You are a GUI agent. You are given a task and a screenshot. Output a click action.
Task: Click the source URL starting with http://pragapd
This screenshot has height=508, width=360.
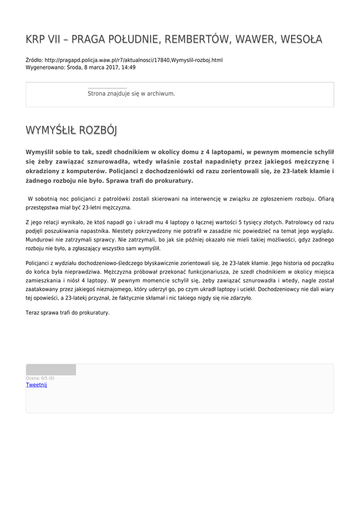pos(134,60)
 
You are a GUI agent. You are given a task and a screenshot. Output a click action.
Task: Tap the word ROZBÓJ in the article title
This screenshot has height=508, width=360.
pos(97,131)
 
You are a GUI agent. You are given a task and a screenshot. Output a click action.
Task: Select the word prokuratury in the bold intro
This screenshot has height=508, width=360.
pos(167,181)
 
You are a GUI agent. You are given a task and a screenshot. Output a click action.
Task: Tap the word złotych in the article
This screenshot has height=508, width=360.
pos(268,222)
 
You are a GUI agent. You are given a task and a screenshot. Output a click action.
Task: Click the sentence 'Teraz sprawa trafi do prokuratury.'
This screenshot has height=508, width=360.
pos(68,313)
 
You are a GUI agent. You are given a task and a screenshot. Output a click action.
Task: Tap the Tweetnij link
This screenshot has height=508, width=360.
pos(36,385)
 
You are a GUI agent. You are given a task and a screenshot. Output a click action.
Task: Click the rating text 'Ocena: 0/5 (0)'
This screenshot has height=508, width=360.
pos(40,379)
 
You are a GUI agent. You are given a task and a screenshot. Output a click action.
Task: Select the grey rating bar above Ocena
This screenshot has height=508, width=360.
pos(51,370)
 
